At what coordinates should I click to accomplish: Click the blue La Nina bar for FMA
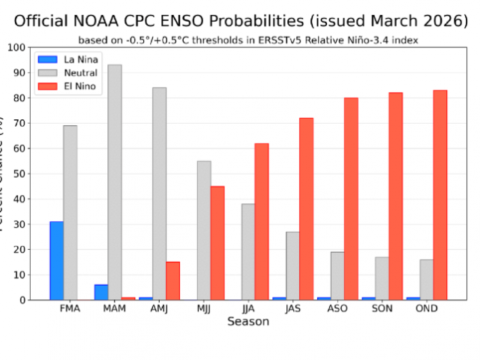pyautogui.click(x=56, y=260)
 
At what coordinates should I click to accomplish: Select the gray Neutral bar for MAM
pyautogui.click(x=114, y=182)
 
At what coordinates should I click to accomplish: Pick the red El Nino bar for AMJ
pyautogui.click(x=172, y=280)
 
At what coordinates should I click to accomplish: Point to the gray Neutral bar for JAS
pyautogui.click(x=292, y=265)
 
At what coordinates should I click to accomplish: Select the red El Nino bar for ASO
pyautogui.click(x=350, y=199)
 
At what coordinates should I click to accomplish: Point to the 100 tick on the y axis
pyautogui.click(x=14, y=47)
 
